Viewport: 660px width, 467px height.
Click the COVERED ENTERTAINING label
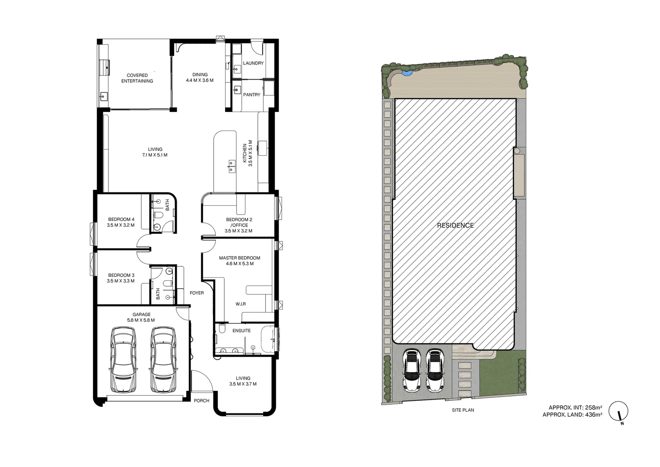click(x=137, y=78)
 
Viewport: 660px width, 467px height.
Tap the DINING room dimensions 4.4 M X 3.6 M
click(x=200, y=80)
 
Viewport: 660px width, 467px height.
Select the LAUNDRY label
click(x=253, y=63)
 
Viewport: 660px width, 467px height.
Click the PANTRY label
click(x=252, y=95)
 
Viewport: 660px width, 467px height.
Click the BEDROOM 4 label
click(x=121, y=219)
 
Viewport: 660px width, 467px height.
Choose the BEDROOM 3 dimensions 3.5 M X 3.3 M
click(x=121, y=281)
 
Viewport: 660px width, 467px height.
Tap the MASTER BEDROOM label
click(x=239, y=258)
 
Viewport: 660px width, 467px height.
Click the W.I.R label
click(x=241, y=304)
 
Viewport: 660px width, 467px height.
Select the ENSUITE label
click(x=241, y=331)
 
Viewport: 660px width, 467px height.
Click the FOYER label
click(x=197, y=293)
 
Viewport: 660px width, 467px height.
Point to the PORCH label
click(x=201, y=401)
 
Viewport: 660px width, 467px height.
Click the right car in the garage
click(x=163, y=360)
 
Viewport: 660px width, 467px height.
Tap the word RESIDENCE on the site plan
click(x=455, y=225)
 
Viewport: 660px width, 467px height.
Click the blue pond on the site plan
click(x=406, y=73)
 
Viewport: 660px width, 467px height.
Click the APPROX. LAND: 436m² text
click(x=572, y=415)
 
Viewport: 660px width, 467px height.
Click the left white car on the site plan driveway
click(x=412, y=370)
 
